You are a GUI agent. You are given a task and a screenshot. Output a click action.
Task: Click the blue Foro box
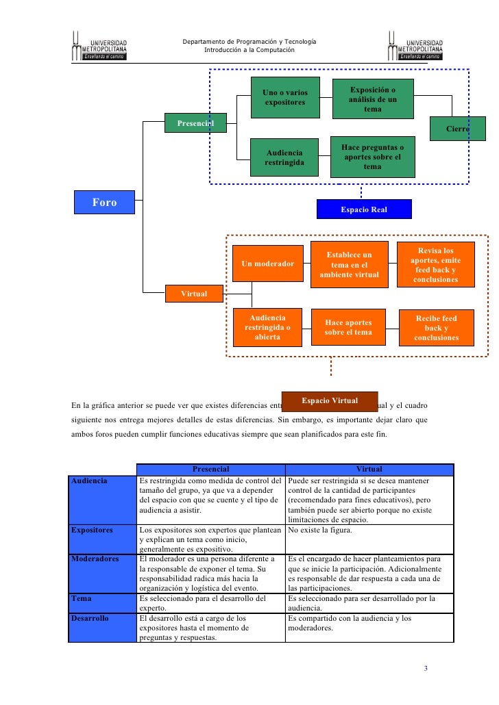(105, 203)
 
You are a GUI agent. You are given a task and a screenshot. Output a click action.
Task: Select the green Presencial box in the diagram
(195, 123)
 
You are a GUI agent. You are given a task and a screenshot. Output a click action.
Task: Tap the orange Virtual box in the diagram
(194, 294)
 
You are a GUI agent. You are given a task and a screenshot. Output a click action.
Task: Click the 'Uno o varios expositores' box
(285, 98)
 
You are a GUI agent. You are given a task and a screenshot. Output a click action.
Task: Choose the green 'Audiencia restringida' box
(285, 157)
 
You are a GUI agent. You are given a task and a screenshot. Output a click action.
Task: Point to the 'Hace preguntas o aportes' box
(372, 157)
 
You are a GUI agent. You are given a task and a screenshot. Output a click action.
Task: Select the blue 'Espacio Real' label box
(364, 209)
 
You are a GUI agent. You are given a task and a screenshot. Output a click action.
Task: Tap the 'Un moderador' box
(268, 264)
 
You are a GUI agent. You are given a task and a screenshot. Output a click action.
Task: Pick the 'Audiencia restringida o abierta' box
(268, 327)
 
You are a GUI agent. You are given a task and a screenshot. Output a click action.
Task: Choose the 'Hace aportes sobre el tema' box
(349, 327)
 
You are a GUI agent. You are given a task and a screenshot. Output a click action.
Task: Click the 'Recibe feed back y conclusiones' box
(436, 328)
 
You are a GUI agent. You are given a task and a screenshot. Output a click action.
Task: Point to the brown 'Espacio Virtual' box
(330, 400)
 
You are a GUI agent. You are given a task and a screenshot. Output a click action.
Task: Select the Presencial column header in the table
(210, 469)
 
